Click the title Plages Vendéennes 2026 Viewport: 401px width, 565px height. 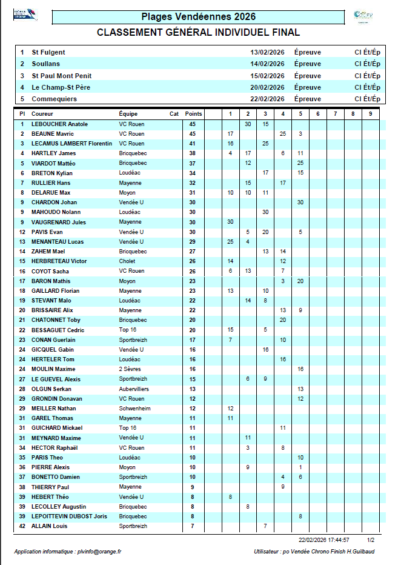coord(198,17)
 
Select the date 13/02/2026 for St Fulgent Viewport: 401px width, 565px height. coord(267,52)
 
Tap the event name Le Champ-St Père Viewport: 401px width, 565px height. coord(61,87)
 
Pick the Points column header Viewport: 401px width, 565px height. coord(193,114)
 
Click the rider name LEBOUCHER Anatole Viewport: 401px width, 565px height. coord(59,124)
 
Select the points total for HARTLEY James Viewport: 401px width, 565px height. coord(193,153)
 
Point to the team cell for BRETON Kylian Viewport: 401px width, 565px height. coord(130,173)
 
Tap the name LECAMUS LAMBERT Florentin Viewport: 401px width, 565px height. coord(71,144)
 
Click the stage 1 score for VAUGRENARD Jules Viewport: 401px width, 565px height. coord(230,222)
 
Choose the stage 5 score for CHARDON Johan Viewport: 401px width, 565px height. coord(300,202)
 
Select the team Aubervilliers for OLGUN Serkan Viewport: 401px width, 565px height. coord(134,389)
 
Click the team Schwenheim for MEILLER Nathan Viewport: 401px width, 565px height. coord(134,409)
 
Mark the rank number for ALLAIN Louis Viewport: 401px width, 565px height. coord(22,526)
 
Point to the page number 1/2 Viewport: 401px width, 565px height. coord(371,539)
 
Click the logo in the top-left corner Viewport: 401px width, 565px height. coord(25,15)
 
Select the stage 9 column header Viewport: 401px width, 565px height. coord(371,114)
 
